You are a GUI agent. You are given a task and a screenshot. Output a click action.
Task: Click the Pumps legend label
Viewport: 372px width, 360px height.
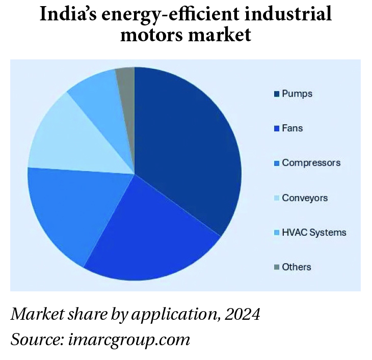pyautogui.click(x=297, y=94)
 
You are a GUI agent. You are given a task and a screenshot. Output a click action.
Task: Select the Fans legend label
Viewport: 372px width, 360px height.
pyautogui.click(x=292, y=128)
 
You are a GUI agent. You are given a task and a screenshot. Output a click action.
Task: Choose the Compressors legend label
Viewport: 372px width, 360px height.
pyautogui.click(x=311, y=163)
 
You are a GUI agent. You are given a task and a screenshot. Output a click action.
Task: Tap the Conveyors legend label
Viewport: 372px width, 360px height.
pyautogui.click(x=305, y=198)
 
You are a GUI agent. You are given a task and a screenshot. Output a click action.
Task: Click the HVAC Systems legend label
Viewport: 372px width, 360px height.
pyautogui.click(x=314, y=232)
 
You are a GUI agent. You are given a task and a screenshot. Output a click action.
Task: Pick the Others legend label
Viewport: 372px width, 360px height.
pyautogui.click(x=296, y=267)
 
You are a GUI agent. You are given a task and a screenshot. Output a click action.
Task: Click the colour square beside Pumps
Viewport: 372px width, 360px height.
pyautogui.click(x=276, y=94)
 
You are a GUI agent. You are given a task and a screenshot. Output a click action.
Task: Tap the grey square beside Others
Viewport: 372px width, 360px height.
pyautogui.click(x=276, y=267)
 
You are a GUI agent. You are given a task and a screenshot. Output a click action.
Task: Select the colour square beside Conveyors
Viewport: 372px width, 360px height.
pyautogui.click(x=276, y=198)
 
